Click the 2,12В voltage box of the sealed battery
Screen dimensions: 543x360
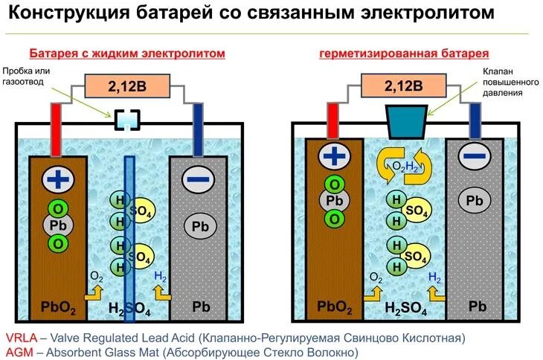403,86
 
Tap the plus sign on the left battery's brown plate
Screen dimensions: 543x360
56,179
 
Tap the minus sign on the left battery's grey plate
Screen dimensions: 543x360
197,179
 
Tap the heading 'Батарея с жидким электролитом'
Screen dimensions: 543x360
126,54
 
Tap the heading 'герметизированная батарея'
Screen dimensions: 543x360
404,54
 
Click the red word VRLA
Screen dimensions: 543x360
21,338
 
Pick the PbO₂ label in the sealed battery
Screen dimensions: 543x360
335,306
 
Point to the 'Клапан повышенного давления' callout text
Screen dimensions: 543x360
501,83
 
